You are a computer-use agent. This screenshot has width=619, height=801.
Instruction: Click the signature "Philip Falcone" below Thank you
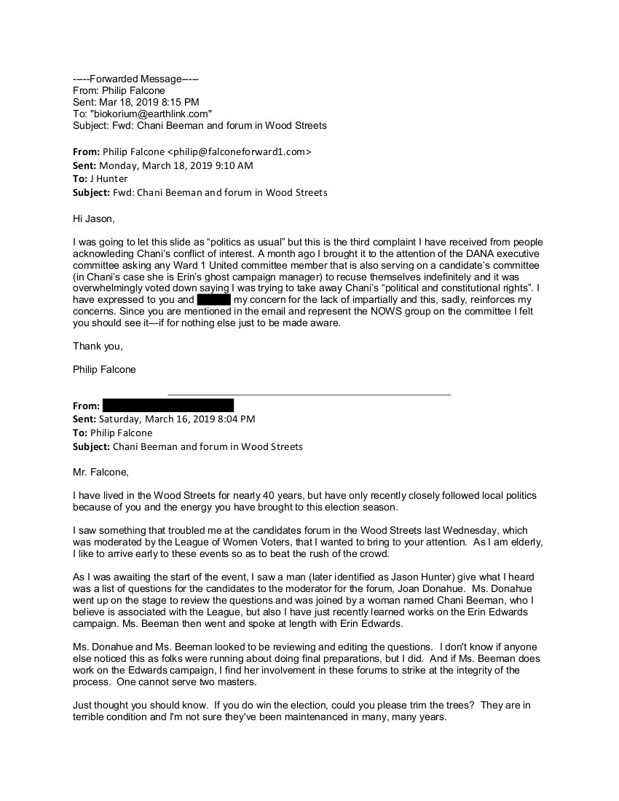104,369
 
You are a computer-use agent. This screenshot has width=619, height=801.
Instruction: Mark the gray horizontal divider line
309,395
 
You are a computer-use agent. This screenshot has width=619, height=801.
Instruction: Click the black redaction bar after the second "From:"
167,406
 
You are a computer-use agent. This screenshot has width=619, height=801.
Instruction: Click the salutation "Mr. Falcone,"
100,472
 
